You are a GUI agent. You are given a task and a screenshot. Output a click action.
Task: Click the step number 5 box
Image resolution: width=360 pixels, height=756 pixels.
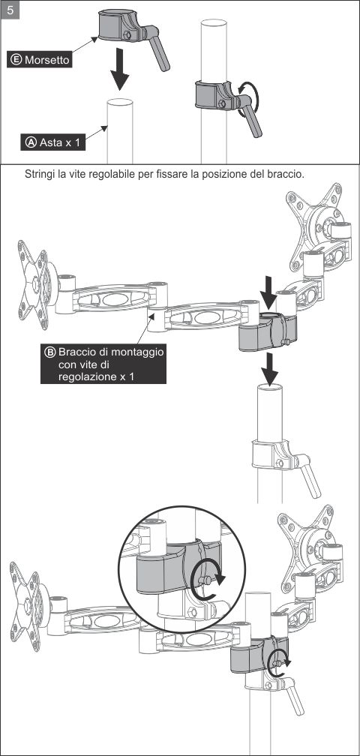(10, 10)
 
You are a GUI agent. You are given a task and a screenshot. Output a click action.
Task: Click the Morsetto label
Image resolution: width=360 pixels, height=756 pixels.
(40, 60)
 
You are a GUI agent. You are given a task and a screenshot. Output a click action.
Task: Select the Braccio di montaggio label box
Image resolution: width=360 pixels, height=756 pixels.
(103, 364)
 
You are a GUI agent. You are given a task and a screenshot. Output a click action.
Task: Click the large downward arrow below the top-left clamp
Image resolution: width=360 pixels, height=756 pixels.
(119, 69)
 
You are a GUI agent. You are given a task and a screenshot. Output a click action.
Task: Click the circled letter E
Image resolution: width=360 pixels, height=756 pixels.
(16, 60)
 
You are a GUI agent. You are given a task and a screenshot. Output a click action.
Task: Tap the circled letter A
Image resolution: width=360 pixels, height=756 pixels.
(31, 142)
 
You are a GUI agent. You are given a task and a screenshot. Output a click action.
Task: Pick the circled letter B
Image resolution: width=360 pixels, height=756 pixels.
(50, 352)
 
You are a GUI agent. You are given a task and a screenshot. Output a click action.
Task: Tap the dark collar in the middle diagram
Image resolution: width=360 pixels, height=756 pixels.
(268, 332)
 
